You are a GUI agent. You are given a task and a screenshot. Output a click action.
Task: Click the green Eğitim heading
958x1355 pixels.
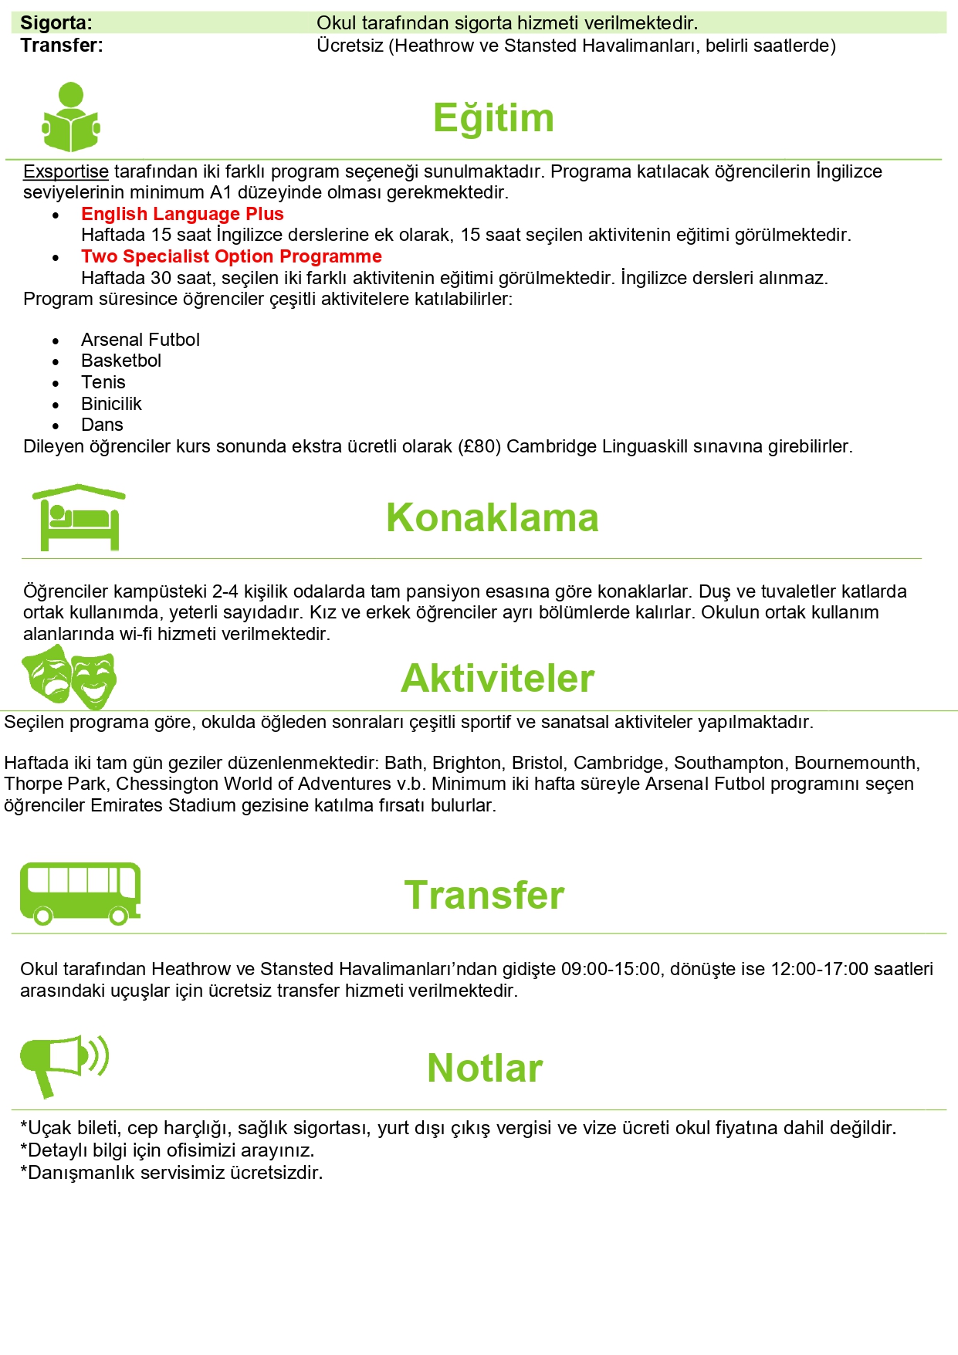point(493,118)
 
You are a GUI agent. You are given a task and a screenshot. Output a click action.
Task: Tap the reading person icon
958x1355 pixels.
point(71,117)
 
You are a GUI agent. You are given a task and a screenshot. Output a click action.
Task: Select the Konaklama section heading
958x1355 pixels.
point(492,517)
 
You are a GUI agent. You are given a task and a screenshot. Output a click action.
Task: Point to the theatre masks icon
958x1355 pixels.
point(69,677)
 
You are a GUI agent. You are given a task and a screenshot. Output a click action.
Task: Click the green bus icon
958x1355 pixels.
point(80,893)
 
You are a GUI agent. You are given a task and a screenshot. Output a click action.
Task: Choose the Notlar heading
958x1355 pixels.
point(485,1069)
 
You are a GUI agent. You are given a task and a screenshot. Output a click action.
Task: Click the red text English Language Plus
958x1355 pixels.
point(182,214)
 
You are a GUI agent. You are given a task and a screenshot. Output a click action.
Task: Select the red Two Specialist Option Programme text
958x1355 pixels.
point(232,256)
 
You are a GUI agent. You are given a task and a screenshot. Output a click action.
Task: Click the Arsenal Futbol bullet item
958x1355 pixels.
point(140,340)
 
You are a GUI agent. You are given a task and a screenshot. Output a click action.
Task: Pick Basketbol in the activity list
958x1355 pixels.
point(121,361)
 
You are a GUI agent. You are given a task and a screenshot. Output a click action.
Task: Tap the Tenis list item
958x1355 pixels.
point(103,382)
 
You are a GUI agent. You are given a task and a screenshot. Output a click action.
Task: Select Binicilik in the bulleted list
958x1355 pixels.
point(111,404)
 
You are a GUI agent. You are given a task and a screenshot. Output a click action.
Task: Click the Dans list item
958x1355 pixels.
point(102,425)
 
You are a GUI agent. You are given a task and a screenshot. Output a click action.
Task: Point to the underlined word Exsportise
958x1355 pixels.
point(66,171)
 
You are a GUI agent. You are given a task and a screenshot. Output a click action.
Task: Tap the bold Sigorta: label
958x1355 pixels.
point(56,23)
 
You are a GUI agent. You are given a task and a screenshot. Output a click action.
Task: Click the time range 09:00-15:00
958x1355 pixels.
point(611,969)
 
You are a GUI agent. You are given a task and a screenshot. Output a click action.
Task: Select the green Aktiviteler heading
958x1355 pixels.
point(497,679)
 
